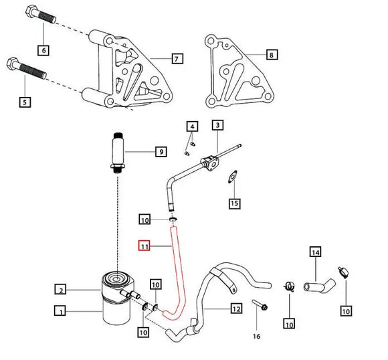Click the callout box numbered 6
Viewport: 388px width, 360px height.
(x=43, y=50)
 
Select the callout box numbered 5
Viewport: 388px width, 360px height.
(x=25, y=102)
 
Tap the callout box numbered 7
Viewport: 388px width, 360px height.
(x=176, y=60)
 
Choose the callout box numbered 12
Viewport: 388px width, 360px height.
(x=235, y=309)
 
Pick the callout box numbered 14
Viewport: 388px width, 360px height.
(x=315, y=252)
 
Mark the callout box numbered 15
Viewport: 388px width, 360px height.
(x=233, y=202)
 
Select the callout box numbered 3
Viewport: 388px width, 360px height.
(x=217, y=125)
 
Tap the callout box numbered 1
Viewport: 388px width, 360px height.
(x=60, y=311)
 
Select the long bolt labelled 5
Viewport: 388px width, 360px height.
(x=27, y=75)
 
